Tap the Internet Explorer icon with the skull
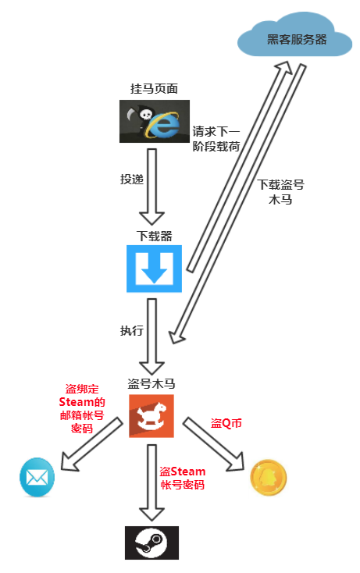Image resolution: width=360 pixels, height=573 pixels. click(155, 121)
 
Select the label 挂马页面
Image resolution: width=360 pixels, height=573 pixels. click(154, 88)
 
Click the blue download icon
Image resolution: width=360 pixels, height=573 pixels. click(154, 269)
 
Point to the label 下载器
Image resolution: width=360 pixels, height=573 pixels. click(154, 236)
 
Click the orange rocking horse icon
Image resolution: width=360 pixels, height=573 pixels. click(151, 416)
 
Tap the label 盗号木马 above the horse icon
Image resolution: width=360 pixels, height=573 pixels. click(151, 384)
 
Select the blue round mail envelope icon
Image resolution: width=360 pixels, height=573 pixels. click(37, 477)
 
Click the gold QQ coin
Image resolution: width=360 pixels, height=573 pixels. click(269, 478)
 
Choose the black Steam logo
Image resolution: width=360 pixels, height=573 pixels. click(151, 543)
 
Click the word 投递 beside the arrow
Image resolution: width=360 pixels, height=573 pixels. click(131, 179)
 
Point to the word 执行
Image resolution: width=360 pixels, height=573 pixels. click(131, 330)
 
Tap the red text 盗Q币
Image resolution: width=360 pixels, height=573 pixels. click(226, 423)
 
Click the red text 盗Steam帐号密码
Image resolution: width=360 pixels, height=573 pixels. click(183, 478)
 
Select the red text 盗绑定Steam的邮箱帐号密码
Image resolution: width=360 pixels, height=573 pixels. click(82, 408)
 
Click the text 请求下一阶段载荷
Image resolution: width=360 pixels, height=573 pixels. click(216, 139)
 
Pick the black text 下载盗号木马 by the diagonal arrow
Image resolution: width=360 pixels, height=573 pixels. click(280, 192)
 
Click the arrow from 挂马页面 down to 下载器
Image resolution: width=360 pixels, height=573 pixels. click(151, 187)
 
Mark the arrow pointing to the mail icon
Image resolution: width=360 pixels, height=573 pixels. click(91, 444)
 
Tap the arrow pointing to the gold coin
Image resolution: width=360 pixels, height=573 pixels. click(213, 444)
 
